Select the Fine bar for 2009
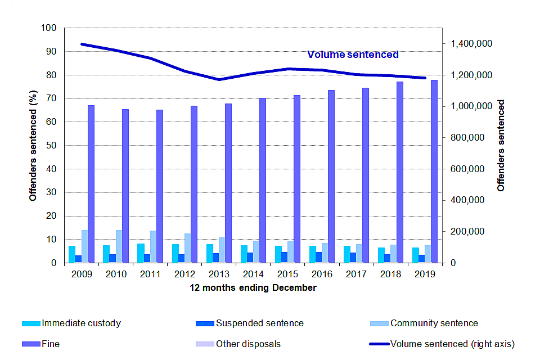click(x=91, y=184)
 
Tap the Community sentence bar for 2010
click(x=119, y=246)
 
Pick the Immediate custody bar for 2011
click(x=141, y=253)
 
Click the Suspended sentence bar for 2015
click(x=285, y=257)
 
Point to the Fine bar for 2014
click(x=263, y=180)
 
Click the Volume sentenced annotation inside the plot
click(x=353, y=55)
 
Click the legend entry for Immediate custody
click(x=81, y=323)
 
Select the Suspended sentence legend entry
click(x=259, y=323)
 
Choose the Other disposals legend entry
click(x=248, y=344)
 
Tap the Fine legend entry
click(x=51, y=344)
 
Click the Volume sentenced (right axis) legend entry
click(x=452, y=344)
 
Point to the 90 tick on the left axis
click(x=51, y=51)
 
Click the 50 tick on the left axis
click(x=51, y=145)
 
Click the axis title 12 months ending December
click(x=253, y=287)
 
